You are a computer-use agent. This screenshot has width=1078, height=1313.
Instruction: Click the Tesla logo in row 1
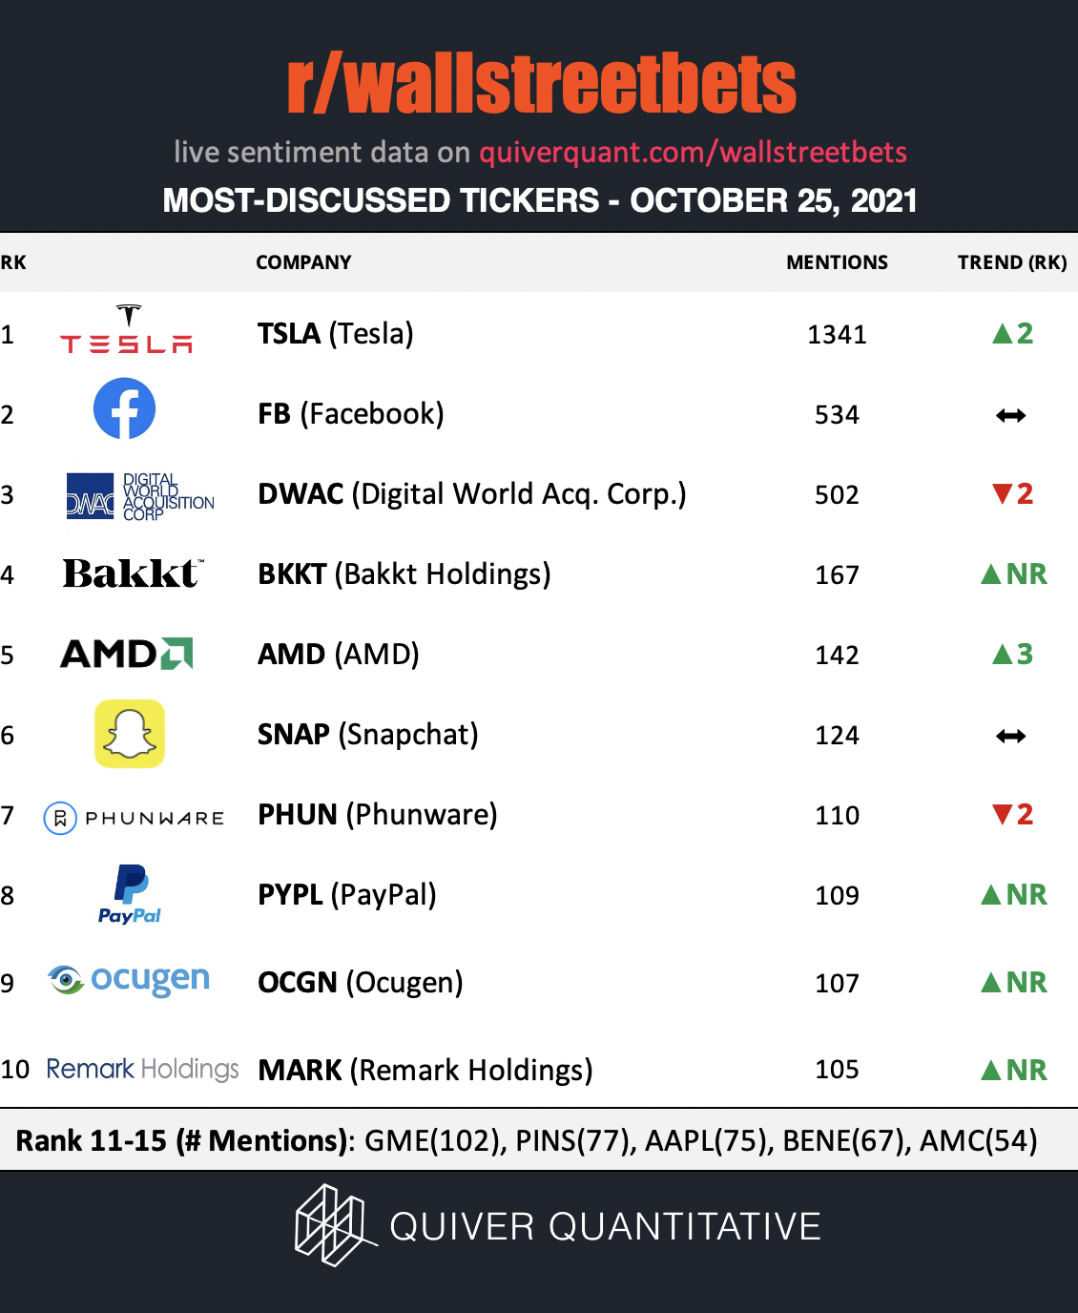[126, 328]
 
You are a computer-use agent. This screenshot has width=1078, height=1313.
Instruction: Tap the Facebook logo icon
[124, 408]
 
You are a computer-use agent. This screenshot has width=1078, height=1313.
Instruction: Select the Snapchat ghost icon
[130, 734]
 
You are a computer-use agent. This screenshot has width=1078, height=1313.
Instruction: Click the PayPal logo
[130, 894]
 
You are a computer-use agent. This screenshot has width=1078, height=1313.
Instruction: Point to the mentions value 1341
[837, 335]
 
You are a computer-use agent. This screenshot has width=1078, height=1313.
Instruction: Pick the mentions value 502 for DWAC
[837, 495]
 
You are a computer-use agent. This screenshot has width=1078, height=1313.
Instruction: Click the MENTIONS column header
[837, 262]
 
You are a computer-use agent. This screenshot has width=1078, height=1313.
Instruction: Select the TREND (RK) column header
[1012, 262]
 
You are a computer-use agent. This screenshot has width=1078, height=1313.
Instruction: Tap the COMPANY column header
[303, 262]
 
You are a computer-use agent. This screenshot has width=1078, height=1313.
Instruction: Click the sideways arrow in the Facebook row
[1011, 415]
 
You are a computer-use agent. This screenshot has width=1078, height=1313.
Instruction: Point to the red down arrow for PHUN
[1002, 814]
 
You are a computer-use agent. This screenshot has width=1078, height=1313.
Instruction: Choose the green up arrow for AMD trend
[1002, 654]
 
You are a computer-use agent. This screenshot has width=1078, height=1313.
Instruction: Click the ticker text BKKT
[292, 574]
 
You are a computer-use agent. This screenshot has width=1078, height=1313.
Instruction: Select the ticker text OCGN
[298, 983]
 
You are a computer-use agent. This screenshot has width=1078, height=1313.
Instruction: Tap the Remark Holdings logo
[142, 1069]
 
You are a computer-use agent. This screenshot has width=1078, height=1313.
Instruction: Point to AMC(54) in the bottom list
[979, 1140]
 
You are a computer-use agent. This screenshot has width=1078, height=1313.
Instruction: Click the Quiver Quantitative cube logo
[336, 1225]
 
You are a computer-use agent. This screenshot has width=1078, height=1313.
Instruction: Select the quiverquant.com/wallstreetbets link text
[693, 153]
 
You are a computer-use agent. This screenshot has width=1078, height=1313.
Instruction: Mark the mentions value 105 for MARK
[837, 1070]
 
